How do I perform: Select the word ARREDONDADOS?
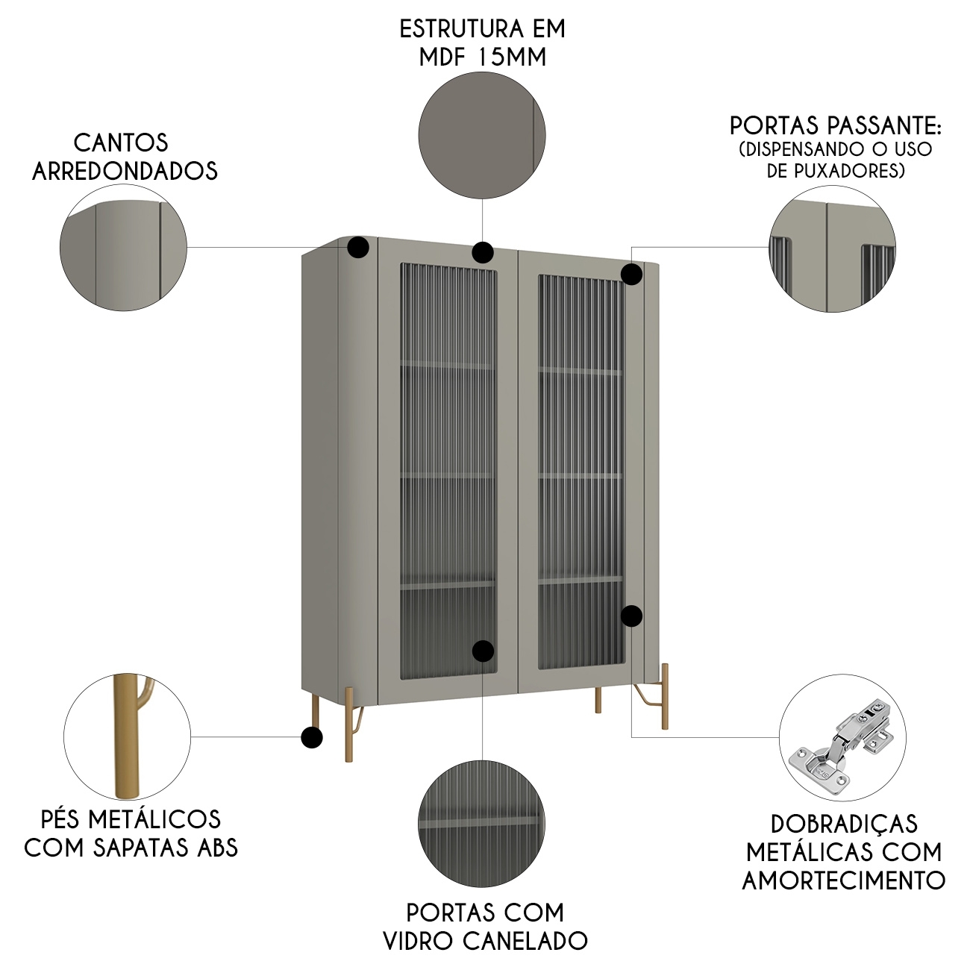pos(125,171)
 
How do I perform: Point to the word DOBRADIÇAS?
pos(843,824)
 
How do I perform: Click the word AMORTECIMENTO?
pos(843,880)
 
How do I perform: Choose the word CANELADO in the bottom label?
pos(525,941)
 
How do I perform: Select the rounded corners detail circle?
pos(124,247)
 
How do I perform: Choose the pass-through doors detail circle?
pos(832,247)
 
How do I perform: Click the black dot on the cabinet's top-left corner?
pos(358,248)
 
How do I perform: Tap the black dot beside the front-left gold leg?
pos(312,738)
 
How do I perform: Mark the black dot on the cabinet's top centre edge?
pos(483,252)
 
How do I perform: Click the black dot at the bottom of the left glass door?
pos(483,651)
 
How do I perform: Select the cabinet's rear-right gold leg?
pos(598,700)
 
